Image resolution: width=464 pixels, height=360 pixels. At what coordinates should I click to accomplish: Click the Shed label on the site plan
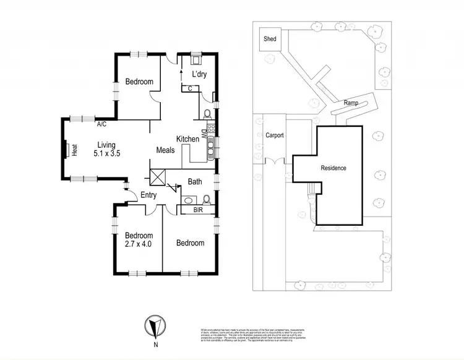coord(270,39)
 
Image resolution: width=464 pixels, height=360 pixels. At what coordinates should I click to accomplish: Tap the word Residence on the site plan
coord(333,168)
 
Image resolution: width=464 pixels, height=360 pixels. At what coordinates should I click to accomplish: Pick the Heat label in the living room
coord(74,151)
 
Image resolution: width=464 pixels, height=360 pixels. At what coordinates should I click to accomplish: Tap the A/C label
coord(101,124)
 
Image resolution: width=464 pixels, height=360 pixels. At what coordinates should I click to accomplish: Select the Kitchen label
coord(187,139)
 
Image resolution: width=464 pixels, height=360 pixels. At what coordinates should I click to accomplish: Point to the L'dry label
coord(199,74)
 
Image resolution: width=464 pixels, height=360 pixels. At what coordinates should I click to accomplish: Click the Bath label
coord(195,182)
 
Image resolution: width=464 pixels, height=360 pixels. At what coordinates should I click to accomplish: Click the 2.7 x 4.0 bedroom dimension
coord(139,244)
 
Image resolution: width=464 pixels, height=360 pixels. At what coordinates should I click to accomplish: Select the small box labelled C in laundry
coord(191,88)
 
